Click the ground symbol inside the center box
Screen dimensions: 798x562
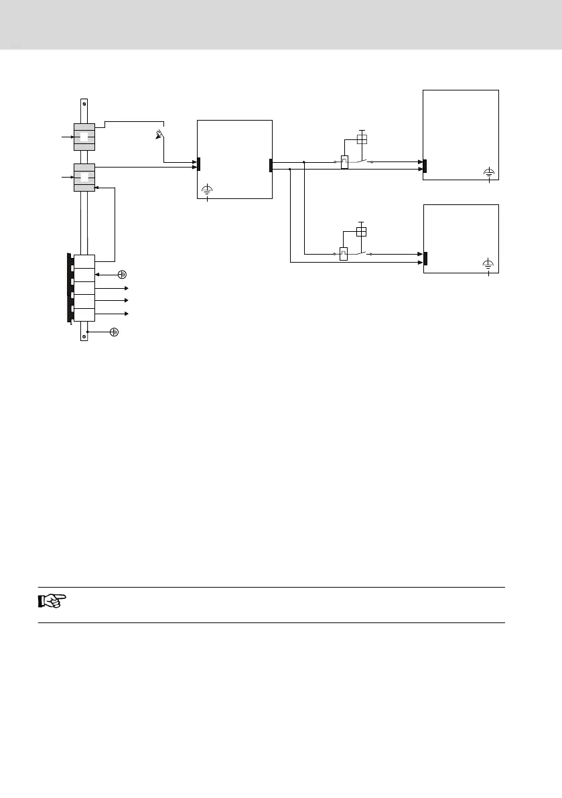[x=208, y=190]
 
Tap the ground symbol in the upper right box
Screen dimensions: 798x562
[x=489, y=173]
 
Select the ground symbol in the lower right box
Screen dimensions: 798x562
[x=489, y=265]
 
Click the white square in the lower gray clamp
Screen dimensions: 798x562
[x=84, y=178]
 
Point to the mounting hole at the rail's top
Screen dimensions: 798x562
[x=84, y=103]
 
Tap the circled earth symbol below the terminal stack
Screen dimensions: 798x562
[x=114, y=332]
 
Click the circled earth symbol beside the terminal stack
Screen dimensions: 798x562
[x=123, y=274]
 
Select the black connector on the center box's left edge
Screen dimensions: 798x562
[x=199, y=163]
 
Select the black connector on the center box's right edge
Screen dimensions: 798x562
[x=271, y=165]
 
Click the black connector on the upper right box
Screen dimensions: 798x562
[x=425, y=165]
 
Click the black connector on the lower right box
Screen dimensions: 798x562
[x=425, y=258]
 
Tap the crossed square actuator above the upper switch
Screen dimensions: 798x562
[x=361, y=139]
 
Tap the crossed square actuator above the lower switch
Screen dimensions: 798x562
[x=361, y=231]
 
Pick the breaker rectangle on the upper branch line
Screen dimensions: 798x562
[x=344, y=162]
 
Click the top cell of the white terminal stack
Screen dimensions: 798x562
[x=84, y=261]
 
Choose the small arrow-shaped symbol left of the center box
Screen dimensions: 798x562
[x=159, y=134]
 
